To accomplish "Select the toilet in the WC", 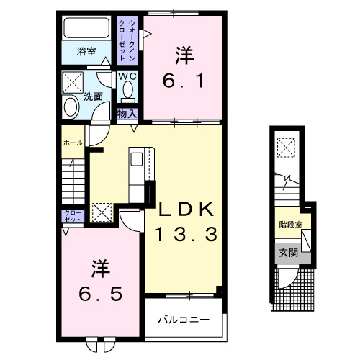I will (128, 90).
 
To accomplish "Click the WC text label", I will (128, 74).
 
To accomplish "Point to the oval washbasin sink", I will (71, 107).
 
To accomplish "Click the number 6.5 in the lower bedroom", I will (101, 294).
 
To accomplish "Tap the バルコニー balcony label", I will (184, 318).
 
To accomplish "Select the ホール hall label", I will (72, 143).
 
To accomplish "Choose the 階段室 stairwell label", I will (290, 224).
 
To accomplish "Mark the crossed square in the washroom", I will (72, 80).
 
